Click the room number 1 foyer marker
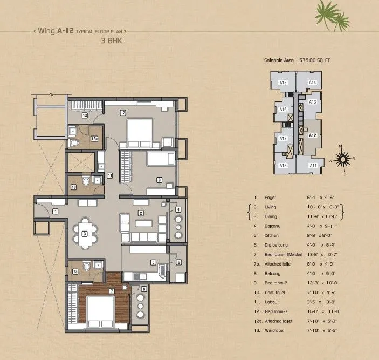tap(56, 212)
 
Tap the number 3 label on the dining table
tap(85, 234)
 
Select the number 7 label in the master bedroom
tap(111, 291)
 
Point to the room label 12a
tap(93, 139)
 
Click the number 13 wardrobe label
tap(85, 116)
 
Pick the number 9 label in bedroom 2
tap(159, 180)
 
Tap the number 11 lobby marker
tap(109, 175)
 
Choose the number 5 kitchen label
tap(153, 263)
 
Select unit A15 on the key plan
tap(282, 82)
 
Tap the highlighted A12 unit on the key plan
tap(312, 136)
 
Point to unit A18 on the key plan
tap(282, 166)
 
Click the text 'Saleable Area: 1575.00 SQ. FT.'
tap(297, 61)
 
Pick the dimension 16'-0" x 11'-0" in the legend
tap(321, 313)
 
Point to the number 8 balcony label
tap(144, 289)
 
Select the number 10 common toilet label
tap(74, 187)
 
